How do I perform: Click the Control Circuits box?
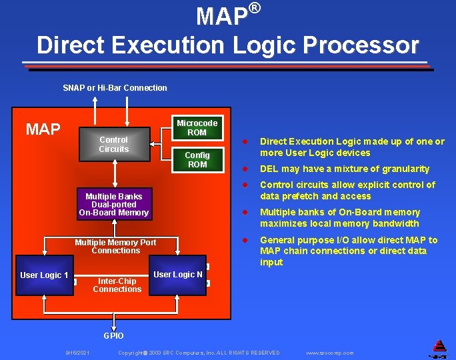pos(113,144)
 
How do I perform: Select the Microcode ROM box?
pos(197,127)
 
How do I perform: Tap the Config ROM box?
pos(197,159)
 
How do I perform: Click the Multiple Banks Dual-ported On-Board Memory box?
pos(113,205)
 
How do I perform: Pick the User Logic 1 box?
pos(44,275)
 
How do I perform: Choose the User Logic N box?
pos(178,274)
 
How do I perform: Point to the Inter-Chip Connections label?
pos(117,285)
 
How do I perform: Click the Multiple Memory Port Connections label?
pos(115,246)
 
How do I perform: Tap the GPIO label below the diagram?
pos(113,335)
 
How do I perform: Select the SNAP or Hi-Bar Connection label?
pos(115,88)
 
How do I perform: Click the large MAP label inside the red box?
pos(43,129)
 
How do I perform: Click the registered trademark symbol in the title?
pos(254,9)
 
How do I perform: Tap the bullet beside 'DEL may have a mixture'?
pos(245,169)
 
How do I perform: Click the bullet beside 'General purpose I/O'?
pos(245,240)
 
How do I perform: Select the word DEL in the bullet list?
pos(269,169)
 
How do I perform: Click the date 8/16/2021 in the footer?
pos(77,353)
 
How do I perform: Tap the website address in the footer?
pos(329,353)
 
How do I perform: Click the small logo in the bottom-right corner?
pos(439,347)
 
